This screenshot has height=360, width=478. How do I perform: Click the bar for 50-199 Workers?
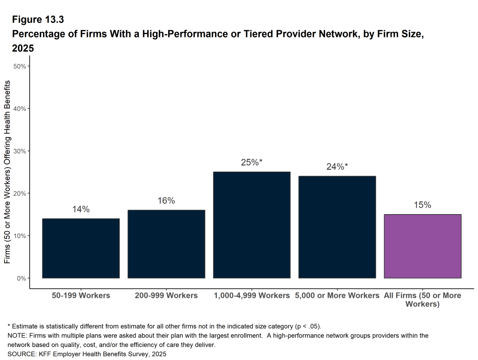point(81,248)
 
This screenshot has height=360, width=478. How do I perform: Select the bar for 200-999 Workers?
point(166,244)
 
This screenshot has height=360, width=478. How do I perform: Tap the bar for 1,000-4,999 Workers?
point(252,225)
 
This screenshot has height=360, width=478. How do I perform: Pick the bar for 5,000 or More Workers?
point(337,227)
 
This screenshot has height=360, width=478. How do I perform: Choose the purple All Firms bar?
point(422,246)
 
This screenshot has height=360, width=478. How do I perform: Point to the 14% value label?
point(81,209)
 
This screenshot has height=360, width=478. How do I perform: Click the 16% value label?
point(166,201)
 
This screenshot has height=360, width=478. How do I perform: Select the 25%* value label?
point(252,163)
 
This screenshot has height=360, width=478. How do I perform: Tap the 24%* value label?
point(337,167)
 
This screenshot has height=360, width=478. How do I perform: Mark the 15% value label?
point(422,205)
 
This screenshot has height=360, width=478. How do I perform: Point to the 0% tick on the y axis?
point(22,278)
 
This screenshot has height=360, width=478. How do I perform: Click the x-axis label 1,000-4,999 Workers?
point(252,295)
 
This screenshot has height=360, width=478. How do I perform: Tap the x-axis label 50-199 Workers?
point(81,295)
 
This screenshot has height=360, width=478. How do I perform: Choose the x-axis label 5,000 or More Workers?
point(337,295)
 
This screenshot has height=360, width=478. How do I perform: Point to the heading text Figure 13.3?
point(38,20)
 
